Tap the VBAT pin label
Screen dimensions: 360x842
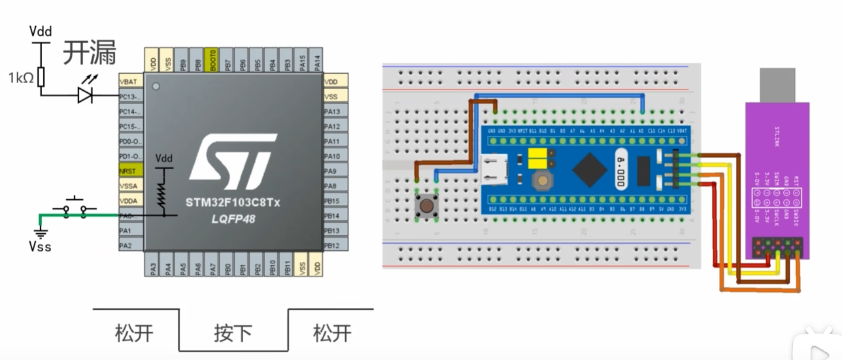(128, 82)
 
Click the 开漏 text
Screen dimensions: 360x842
(89, 53)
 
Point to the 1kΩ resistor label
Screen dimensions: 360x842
(20, 78)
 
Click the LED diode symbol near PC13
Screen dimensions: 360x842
(85, 95)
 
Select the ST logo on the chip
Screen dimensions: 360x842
(232, 158)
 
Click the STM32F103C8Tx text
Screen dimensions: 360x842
(233, 203)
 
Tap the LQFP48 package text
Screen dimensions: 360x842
(233, 219)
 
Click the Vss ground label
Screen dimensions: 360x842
(39, 246)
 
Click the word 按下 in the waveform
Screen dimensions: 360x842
(233, 333)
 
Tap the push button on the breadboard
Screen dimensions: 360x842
(426, 206)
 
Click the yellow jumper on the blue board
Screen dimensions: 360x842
(537, 157)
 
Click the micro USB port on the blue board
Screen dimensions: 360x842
(492, 169)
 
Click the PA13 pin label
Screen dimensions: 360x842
(332, 111)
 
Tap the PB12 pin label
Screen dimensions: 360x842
(332, 246)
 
